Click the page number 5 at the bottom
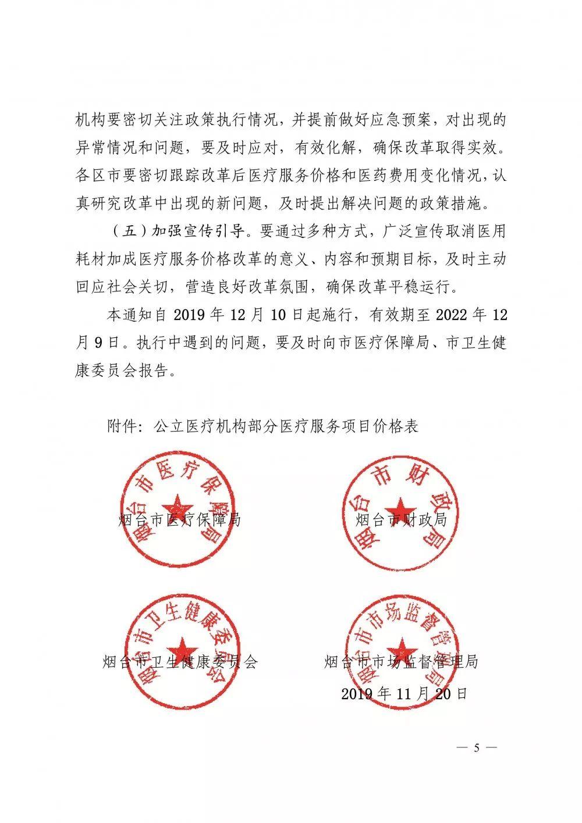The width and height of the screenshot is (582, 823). (476, 748)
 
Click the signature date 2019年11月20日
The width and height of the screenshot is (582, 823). (404, 693)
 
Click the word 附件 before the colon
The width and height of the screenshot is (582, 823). (122, 426)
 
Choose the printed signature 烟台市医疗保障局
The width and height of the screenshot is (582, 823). (179, 519)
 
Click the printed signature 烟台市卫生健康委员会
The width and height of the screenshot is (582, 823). (179, 662)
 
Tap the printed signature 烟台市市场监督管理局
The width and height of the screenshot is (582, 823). (401, 662)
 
